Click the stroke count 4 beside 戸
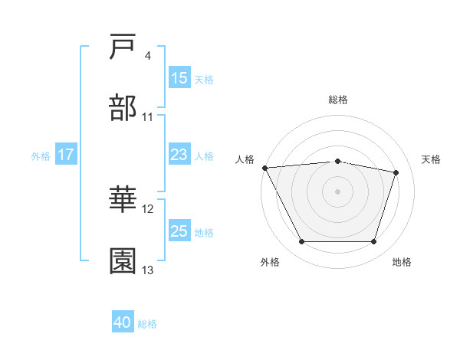tap(148, 57)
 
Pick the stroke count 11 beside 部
tap(148, 117)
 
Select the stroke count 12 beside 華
tap(148, 209)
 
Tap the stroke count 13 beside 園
tap(148, 270)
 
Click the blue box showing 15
tap(179, 78)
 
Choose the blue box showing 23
tap(179, 155)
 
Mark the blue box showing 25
tap(179, 231)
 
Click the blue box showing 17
tap(65, 155)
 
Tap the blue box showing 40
tap(123, 323)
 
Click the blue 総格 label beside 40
tap(147, 324)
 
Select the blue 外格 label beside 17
tap(41, 155)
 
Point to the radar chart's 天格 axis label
tap(432, 159)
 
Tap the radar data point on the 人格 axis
tap(264, 168)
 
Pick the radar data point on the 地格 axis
tap(373, 242)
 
